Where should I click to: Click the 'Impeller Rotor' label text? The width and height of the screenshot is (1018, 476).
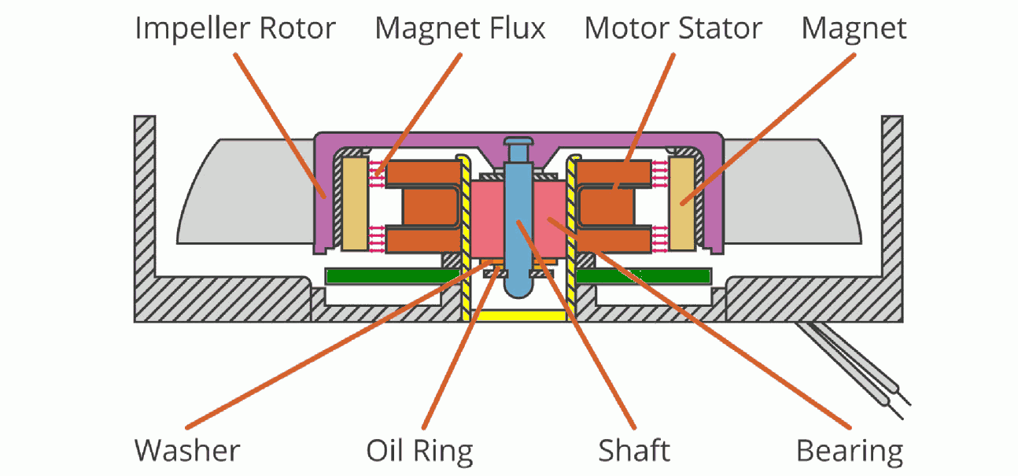click(x=235, y=29)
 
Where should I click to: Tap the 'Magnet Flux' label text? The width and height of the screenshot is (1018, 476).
click(x=460, y=29)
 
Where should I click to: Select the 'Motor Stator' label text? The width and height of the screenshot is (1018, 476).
click(x=673, y=29)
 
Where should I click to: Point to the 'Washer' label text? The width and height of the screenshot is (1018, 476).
click(x=186, y=451)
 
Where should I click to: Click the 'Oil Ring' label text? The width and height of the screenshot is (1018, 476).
click(x=420, y=451)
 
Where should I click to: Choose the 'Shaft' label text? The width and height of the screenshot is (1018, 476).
click(x=634, y=451)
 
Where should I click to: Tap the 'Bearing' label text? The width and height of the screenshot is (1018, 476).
click(x=850, y=451)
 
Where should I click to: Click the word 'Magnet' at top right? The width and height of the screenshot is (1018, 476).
click(x=854, y=29)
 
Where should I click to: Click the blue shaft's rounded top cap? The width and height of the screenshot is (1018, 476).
click(x=516, y=147)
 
